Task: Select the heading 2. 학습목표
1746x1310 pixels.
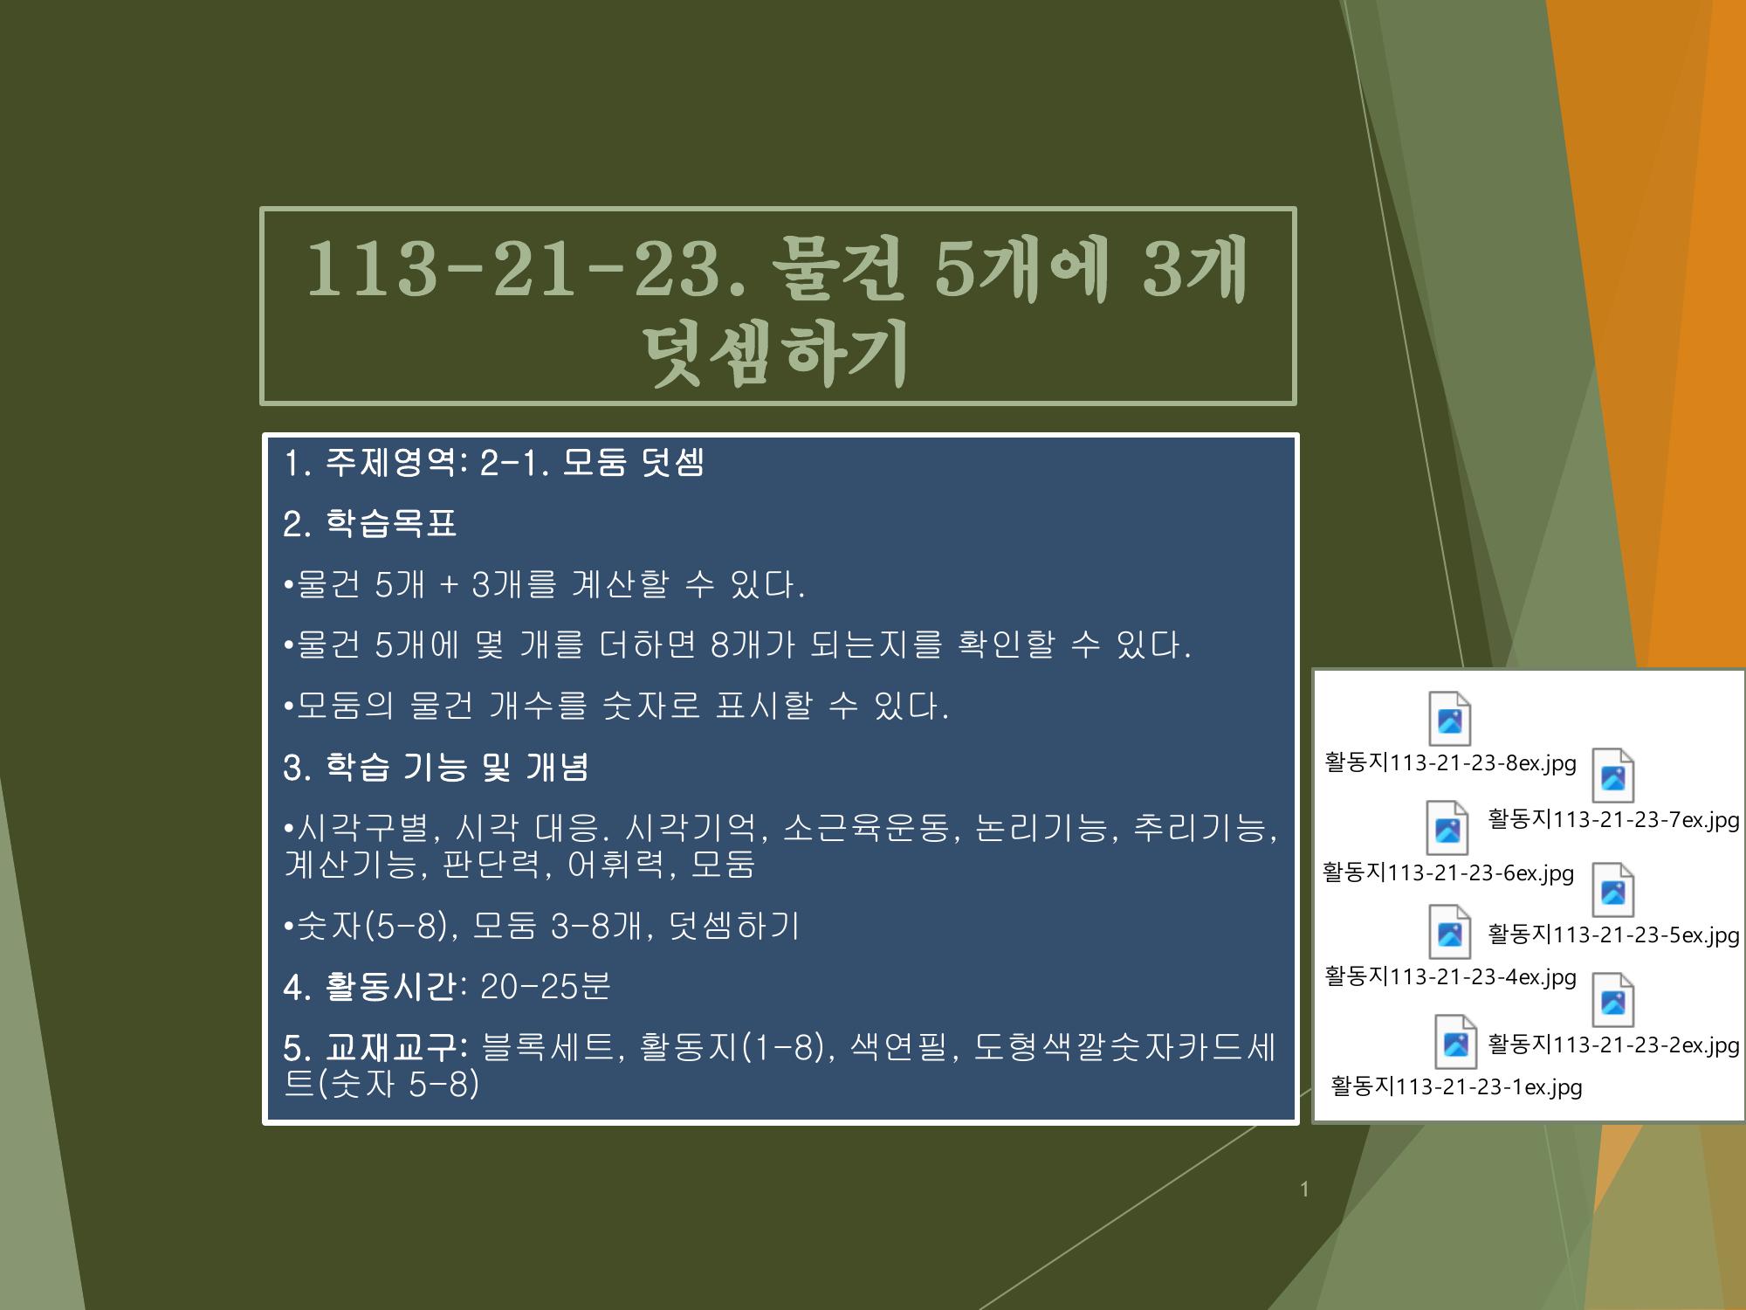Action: tap(370, 524)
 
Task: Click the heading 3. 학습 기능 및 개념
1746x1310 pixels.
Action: tap(436, 768)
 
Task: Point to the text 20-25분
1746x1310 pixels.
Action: tap(546, 987)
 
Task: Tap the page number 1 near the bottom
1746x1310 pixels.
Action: tap(1304, 1189)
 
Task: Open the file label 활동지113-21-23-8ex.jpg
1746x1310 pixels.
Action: tap(1450, 762)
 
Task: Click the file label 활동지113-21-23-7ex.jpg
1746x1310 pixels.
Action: tap(1613, 819)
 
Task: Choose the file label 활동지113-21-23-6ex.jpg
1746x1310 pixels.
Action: tap(1448, 872)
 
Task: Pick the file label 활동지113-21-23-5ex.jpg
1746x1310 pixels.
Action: tap(1613, 934)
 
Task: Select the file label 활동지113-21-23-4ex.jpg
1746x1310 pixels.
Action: tap(1450, 976)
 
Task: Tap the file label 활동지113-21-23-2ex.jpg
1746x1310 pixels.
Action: tap(1613, 1045)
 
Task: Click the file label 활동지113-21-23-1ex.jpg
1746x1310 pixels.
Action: tap(1456, 1086)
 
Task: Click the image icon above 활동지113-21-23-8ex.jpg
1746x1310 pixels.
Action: tap(1449, 719)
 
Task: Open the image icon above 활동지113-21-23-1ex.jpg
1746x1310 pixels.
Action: tap(1455, 1042)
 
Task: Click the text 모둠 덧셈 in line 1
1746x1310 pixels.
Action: tap(632, 463)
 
